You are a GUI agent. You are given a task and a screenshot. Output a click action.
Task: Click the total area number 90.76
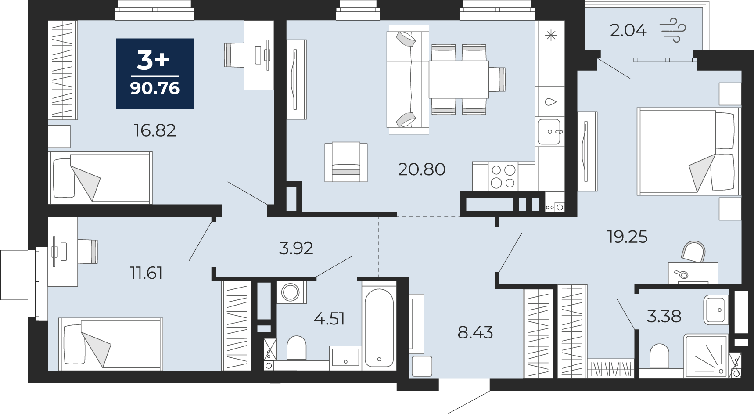click(x=155, y=88)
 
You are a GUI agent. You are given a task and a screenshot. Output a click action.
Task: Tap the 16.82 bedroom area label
click(x=155, y=130)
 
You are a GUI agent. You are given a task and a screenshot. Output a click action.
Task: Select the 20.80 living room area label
click(x=422, y=169)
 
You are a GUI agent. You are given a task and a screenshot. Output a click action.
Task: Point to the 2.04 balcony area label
click(x=628, y=30)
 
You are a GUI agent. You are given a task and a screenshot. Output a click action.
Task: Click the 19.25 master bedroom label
click(x=628, y=237)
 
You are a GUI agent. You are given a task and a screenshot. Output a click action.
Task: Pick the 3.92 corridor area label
click(x=296, y=248)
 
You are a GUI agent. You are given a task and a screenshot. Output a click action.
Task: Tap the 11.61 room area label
click(x=146, y=273)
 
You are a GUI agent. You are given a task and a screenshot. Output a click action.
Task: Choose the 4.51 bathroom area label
click(x=329, y=318)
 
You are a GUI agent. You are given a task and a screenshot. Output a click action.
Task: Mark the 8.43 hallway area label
click(x=475, y=333)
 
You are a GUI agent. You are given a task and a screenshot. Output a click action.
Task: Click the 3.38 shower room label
click(x=664, y=316)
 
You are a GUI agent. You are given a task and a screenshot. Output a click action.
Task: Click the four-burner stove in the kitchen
click(x=503, y=176)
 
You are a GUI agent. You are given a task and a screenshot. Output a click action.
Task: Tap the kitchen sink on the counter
click(x=549, y=132)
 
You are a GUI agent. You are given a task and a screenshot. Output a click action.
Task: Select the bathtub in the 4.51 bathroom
click(x=379, y=328)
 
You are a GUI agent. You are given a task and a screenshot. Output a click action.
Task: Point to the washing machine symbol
click(x=291, y=292)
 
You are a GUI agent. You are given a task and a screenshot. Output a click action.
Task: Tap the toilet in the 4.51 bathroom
click(x=296, y=349)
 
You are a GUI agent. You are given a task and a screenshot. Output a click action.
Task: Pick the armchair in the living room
click(x=346, y=162)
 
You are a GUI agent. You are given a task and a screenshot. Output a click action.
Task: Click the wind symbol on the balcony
click(x=673, y=30)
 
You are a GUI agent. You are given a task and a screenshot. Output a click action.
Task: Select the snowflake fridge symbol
click(x=551, y=36)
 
